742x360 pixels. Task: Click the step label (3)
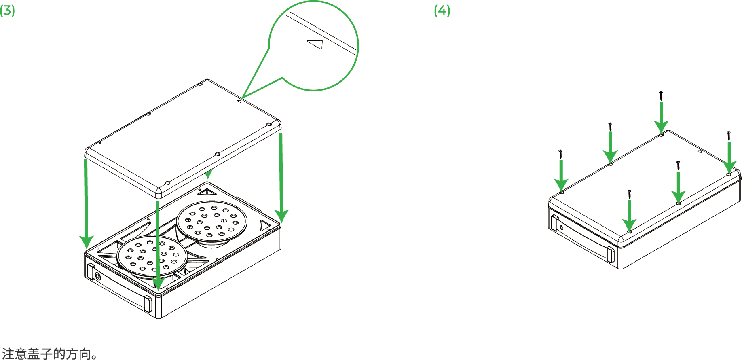click(x=7, y=11)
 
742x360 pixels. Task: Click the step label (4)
click(x=442, y=11)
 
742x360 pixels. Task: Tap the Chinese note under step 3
click(x=49, y=353)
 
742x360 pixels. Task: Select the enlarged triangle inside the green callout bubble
click(x=315, y=44)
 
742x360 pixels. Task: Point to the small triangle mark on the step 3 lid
click(x=239, y=101)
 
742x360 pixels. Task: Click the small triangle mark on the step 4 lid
click(x=700, y=152)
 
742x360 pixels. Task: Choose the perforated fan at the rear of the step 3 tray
click(x=211, y=222)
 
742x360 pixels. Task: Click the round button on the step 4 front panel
click(x=562, y=228)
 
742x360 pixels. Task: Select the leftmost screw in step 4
click(x=561, y=154)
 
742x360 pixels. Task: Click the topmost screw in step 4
click(x=661, y=96)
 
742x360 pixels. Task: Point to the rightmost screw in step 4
click(x=729, y=136)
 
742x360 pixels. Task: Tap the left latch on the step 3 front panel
click(x=91, y=271)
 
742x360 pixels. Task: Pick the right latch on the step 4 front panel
click(x=610, y=254)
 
